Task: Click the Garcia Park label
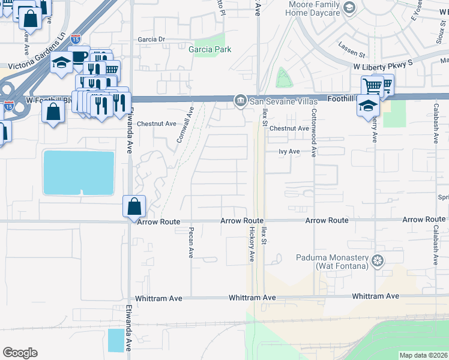click(210, 50)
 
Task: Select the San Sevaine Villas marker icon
click(240, 100)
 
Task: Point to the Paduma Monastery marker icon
click(377, 260)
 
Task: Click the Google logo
click(20, 352)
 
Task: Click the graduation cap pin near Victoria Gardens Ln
click(61, 64)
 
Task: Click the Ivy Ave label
click(289, 152)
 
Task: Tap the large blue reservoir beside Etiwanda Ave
click(79, 173)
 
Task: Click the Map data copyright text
click(423, 355)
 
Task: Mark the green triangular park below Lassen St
click(282, 79)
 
